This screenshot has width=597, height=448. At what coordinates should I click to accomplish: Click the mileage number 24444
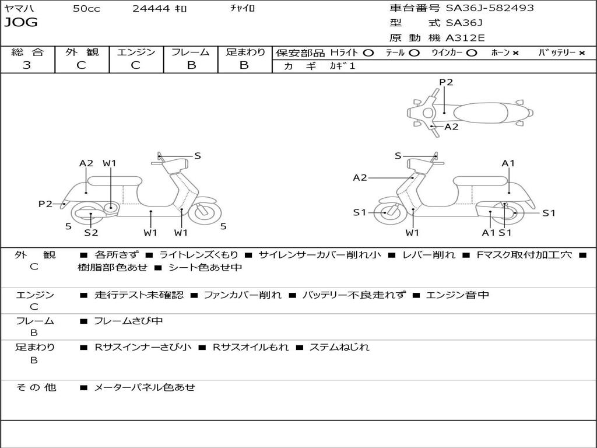tap(150, 9)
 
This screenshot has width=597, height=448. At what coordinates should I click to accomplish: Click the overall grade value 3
tap(27, 65)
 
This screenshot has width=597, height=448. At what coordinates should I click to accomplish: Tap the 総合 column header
tap(27, 52)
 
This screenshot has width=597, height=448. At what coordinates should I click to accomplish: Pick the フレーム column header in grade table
tap(191, 52)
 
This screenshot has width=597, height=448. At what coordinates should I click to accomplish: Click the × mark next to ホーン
tap(515, 52)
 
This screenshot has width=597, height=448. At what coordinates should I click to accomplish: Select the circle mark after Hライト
tap(368, 52)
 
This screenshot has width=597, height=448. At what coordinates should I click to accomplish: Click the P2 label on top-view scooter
tap(446, 82)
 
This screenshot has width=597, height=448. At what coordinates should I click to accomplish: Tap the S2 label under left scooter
tap(91, 233)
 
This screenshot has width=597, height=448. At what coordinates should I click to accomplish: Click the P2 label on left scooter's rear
tap(45, 204)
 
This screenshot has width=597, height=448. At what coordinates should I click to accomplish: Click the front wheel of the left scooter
tap(205, 212)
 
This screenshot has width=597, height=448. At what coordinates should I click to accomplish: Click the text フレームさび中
tap(128, 321)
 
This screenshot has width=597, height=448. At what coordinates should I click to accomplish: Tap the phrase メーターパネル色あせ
tap(145, 387)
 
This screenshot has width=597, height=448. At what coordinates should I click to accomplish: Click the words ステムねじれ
tap(339, 347)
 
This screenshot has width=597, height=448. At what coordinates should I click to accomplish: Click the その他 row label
tap(36, 387)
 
